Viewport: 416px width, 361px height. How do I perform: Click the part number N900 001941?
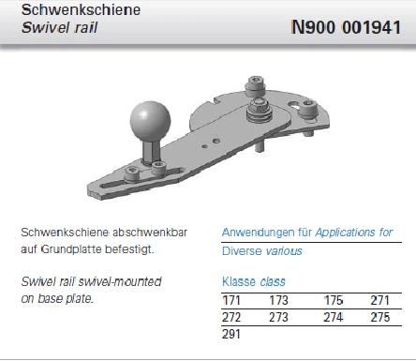(346, 27)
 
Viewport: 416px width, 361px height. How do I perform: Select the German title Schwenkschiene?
(81, 10)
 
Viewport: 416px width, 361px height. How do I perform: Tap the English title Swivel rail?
(59, 27)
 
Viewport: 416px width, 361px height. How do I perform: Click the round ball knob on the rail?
(151, 121)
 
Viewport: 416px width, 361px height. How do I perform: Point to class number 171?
(231, 301)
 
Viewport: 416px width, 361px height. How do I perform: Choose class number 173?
(278, 301)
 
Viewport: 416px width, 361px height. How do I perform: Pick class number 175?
(334, 301)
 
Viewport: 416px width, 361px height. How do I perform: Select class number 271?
(379, 301)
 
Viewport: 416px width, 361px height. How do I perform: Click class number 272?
(231, 317)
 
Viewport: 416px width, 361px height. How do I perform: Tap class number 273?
(278, 317)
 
